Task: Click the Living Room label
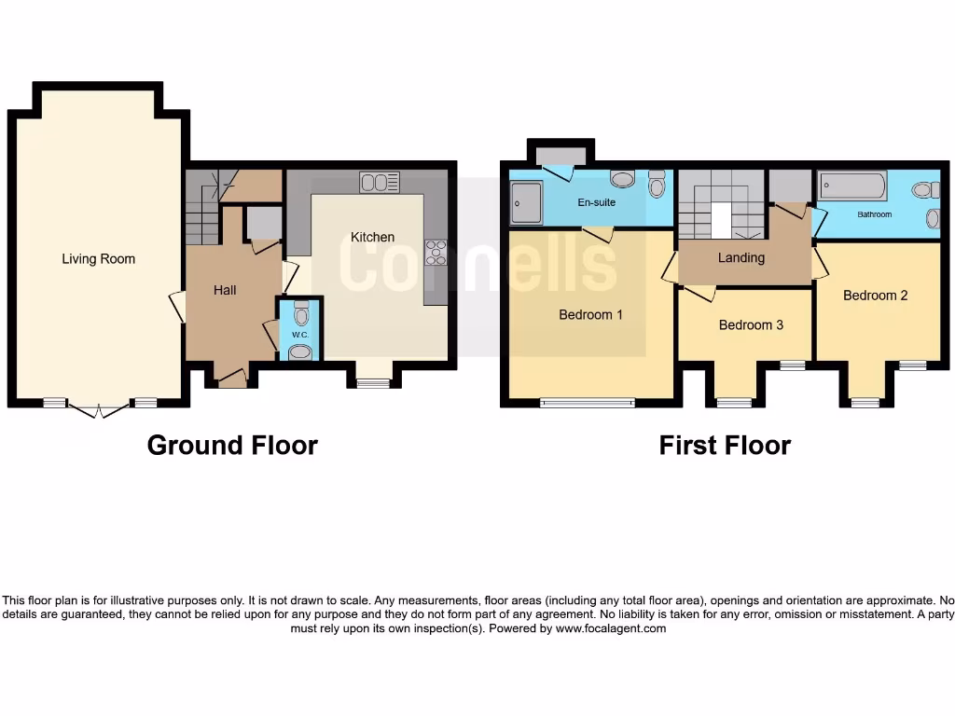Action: click(x=98, y=259)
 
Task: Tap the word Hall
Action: click(x=225, y=290)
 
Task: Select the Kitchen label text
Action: click(x=372, y=238)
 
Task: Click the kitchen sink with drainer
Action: click(x=380, y=183)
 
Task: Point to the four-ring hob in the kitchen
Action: click(x=435, y=253)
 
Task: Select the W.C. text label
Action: click(x=299, y=334)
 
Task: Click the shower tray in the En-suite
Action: click(x=525, y=202)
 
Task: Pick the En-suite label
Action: click(x=597, y=202)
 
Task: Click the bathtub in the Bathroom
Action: click(x=852, y=186)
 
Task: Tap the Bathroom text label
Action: click(x=874, y=214)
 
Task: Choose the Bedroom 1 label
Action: click(x=590, y=315)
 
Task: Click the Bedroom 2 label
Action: click(x=875, y=296)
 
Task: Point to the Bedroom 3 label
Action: click(x=751, y=325)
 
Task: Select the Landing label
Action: click(x=741, y=258)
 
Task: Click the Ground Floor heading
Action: click(x=232, y=446)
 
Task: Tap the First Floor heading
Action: click(x=725, y=446)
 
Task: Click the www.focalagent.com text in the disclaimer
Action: click(x=612, y=628)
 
